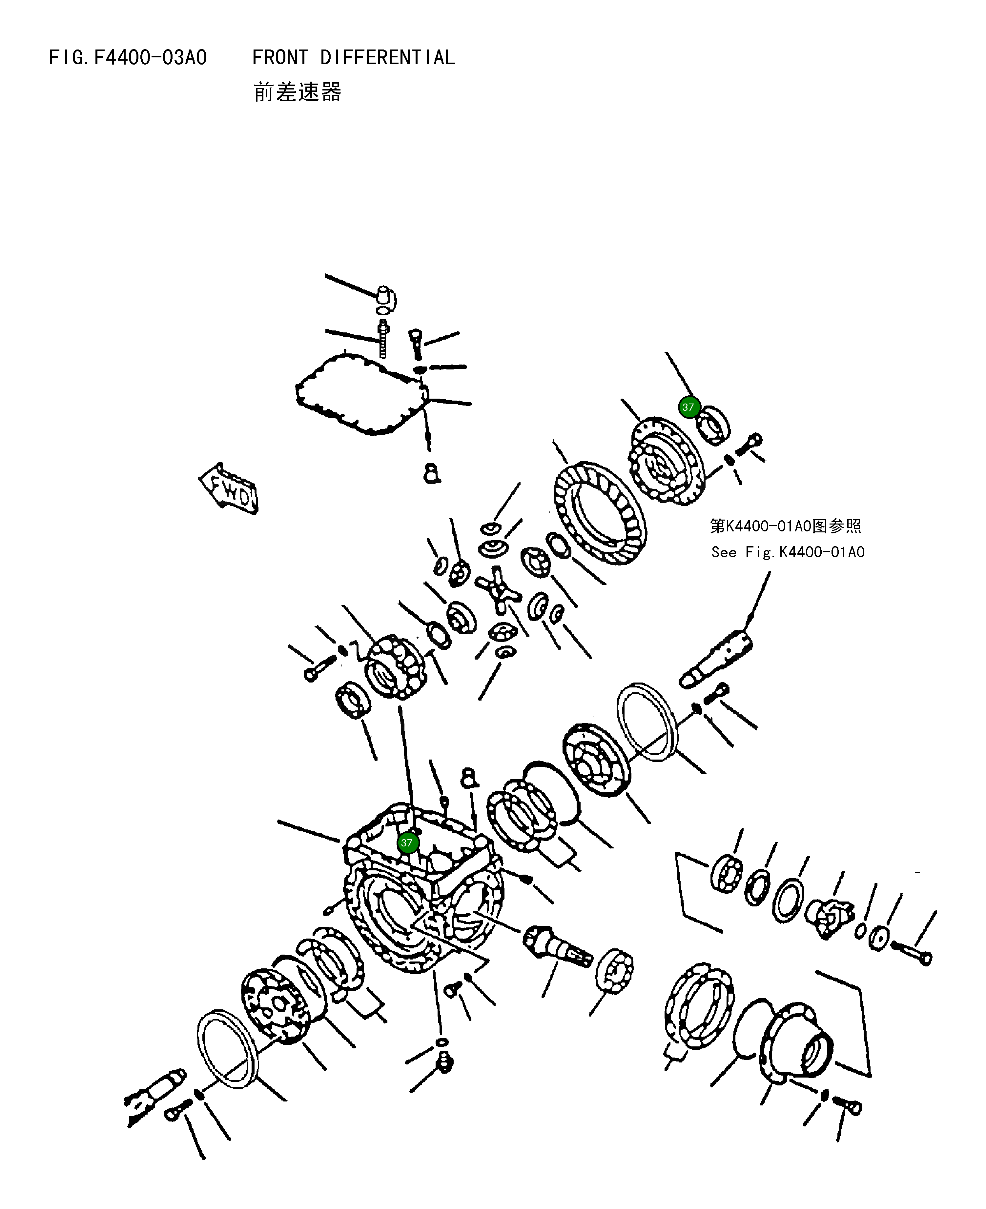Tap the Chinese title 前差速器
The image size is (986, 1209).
[297, 92]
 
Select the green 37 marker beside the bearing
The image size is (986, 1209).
[689, 407]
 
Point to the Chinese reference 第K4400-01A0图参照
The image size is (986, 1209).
[785, 526]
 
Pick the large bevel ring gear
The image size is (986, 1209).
[600, 513]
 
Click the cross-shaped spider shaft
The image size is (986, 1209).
[498, 592]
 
